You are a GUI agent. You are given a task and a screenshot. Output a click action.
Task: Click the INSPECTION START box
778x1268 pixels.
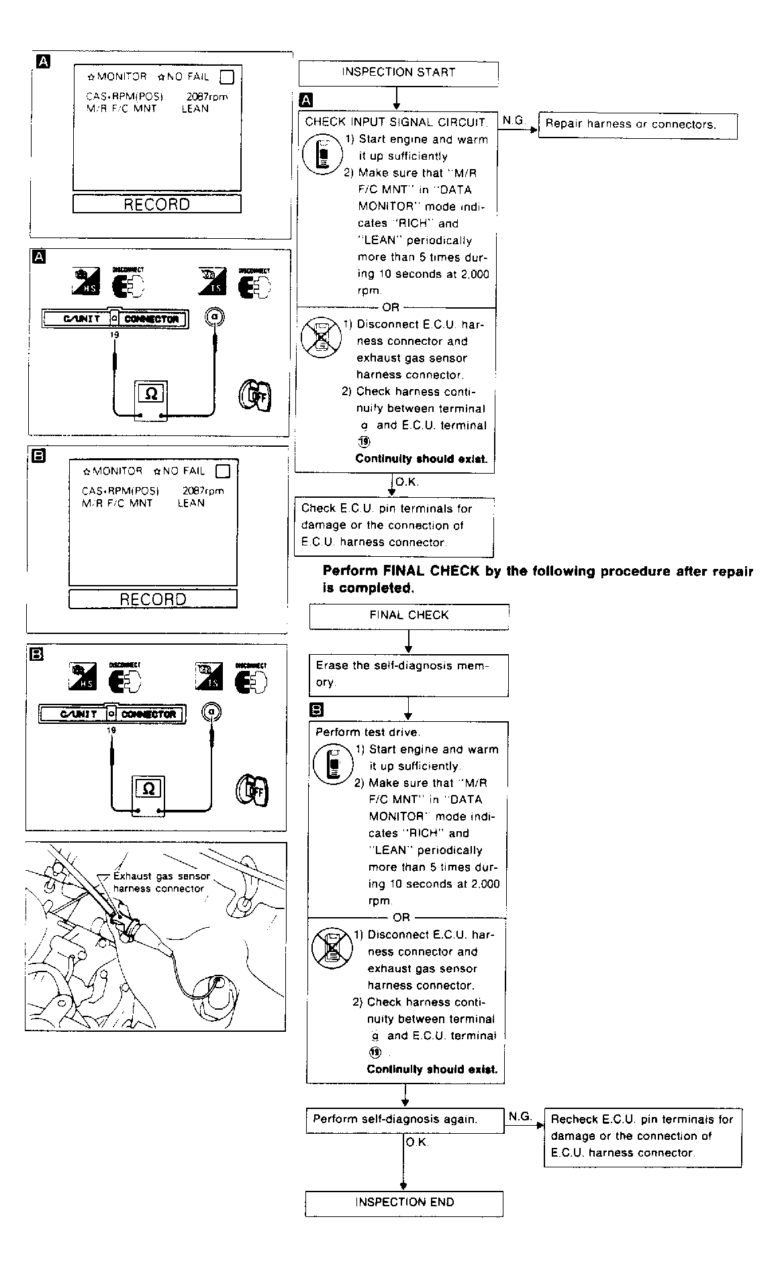tap(398, 72)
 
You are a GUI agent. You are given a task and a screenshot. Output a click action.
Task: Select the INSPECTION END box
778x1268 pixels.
tap(404, 1202)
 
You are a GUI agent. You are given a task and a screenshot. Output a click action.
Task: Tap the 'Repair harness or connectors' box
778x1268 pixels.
tap(637, 125)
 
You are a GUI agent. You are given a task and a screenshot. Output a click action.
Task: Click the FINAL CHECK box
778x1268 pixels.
tap(409, 615)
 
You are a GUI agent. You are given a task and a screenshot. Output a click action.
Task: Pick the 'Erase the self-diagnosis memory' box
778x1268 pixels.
tap(408, 674)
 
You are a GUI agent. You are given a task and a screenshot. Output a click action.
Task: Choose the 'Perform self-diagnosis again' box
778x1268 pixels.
tap(405, 1120)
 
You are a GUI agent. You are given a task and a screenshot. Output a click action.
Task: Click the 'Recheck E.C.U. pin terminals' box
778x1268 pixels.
tap(642, 1137)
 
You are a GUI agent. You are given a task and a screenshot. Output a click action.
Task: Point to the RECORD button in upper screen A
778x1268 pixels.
tap(156, 205)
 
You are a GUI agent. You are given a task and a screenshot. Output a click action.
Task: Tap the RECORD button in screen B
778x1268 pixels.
tap(153, 599)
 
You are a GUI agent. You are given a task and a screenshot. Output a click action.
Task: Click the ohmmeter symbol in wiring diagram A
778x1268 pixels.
tap(152, 395)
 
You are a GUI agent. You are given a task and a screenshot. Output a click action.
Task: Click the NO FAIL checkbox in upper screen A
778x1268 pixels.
tap(227, 76)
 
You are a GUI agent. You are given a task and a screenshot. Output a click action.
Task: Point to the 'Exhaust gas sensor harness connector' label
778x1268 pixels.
tap(160, 882)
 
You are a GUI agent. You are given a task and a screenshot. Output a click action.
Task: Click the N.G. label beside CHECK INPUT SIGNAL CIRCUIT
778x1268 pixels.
tap(514, 121)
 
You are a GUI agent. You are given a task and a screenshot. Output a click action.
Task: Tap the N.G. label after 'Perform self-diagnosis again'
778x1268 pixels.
tap(520, 1116)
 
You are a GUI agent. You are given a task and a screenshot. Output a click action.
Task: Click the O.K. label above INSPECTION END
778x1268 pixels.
tap(417, 1143)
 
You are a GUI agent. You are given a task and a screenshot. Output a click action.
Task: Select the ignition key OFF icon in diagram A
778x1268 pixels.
tap(255, 396)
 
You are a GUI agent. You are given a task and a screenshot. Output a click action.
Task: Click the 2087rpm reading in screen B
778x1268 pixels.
tap(203, 490)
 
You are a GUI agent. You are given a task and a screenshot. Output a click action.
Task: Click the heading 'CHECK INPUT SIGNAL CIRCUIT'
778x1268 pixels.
tap(396, 122)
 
